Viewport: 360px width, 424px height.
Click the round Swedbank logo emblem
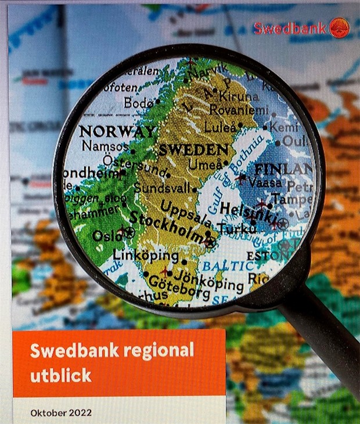click(x=339, y=28)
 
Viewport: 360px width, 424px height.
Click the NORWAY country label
click(x=117, y=131)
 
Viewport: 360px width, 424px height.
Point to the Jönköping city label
click(x=216, y=280)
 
